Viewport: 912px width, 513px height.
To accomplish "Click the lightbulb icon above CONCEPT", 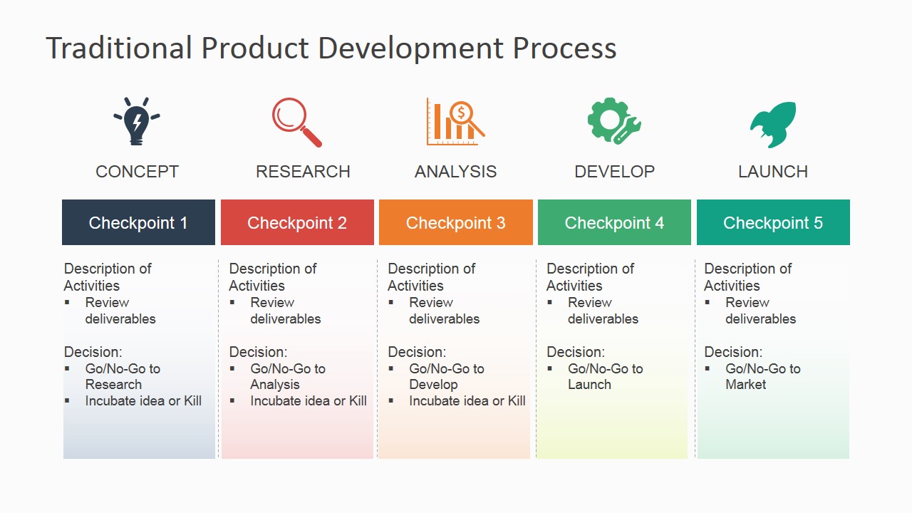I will point(137,122).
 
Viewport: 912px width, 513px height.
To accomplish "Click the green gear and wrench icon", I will point(613,122).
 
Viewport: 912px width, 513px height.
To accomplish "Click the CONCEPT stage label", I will point(137,172).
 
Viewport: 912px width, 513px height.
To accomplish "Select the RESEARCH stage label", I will point(303,172).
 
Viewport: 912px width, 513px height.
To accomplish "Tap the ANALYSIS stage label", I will point(455,172).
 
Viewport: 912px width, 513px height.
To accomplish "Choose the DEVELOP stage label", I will point(614,172).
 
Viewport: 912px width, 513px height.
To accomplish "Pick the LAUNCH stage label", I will point(773,172).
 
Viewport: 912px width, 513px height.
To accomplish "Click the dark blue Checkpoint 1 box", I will point(138,222).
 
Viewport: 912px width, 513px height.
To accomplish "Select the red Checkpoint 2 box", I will point(297,222).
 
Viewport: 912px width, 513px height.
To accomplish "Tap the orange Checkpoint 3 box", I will point(456,222).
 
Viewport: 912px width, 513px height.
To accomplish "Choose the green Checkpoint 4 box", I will point(614,222).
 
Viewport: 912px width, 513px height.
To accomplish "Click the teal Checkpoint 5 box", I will point(773,222).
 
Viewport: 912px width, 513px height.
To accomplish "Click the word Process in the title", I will point(564,48).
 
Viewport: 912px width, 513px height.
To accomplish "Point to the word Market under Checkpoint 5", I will point(745,385).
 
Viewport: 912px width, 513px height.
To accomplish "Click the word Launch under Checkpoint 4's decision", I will point(589,385).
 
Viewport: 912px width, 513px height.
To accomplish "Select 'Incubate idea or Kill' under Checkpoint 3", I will point(467,401).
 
